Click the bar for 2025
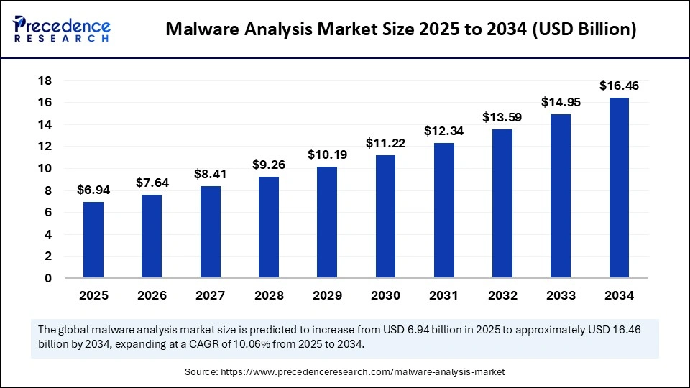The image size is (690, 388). [93, 240]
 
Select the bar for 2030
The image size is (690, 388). [385, 216]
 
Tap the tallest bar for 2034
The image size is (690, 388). [619, 188]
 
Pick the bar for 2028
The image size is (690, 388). [268, 227]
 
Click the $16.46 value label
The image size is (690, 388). [619, 86]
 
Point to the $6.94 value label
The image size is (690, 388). [93, 190]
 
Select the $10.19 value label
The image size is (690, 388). [327, 154]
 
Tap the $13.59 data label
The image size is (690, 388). [502, 117]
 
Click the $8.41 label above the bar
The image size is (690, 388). [210, 174]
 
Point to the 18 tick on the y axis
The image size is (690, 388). [47, 80]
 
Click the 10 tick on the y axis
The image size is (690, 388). [47, 169]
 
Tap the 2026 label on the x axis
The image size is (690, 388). [152, 295]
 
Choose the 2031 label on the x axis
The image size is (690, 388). [443, 295]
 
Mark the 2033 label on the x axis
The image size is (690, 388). [561, 295]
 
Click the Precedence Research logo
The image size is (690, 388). [62, 29]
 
